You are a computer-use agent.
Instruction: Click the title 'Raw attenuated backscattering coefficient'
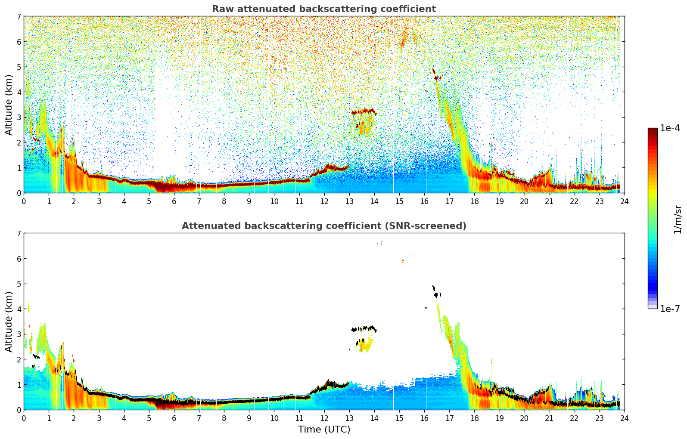pos(323,9)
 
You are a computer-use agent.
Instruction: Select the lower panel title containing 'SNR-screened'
pos(323,226)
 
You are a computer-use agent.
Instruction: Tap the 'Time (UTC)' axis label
pos(324,430)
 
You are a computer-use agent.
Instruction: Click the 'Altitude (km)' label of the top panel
pos(9,105)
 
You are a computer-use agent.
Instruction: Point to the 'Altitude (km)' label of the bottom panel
pos(9,322)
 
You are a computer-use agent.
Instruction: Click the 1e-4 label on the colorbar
pos(670,128)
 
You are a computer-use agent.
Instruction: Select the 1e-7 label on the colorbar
pos(670,309)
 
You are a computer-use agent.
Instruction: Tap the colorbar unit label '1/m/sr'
pos(678,219)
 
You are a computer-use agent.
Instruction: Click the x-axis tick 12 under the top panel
pos(324,201)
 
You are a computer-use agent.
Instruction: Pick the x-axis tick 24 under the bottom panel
pos(624,418)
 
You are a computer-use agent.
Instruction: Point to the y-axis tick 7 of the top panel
pos(19,17)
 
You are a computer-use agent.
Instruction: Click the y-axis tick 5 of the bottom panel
pos(19,284)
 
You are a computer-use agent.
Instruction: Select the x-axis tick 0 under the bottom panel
pos(24,418)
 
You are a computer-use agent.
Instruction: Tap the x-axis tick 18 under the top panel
pos(474,201)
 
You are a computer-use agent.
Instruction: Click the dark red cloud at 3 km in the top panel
pos(364,111)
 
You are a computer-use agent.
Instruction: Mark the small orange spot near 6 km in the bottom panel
pos(402,261)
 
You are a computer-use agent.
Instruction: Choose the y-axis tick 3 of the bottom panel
pos(19,334)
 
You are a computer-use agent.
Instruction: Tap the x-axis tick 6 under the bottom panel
pos(174,418)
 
